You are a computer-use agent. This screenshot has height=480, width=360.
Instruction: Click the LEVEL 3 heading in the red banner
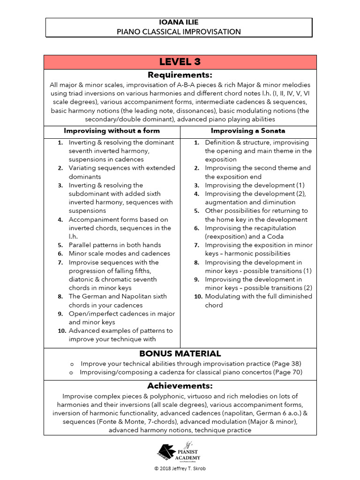click(180, 62)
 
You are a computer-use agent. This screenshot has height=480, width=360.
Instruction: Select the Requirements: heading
click(180, 75)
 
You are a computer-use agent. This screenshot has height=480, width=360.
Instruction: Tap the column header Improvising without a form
click(112, 131)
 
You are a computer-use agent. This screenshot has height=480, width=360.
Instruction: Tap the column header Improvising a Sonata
click(247, 131)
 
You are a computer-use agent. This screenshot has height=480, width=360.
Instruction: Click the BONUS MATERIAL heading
click(180, 353)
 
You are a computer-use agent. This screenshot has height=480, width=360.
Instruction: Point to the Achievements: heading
click(180, 386)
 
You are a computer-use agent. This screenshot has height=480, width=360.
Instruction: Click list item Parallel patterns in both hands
click(114, 245)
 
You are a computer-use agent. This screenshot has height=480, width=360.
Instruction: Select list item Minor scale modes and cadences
click(119, 254)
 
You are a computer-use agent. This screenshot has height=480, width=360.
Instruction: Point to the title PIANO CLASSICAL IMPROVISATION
click(179, 32)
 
